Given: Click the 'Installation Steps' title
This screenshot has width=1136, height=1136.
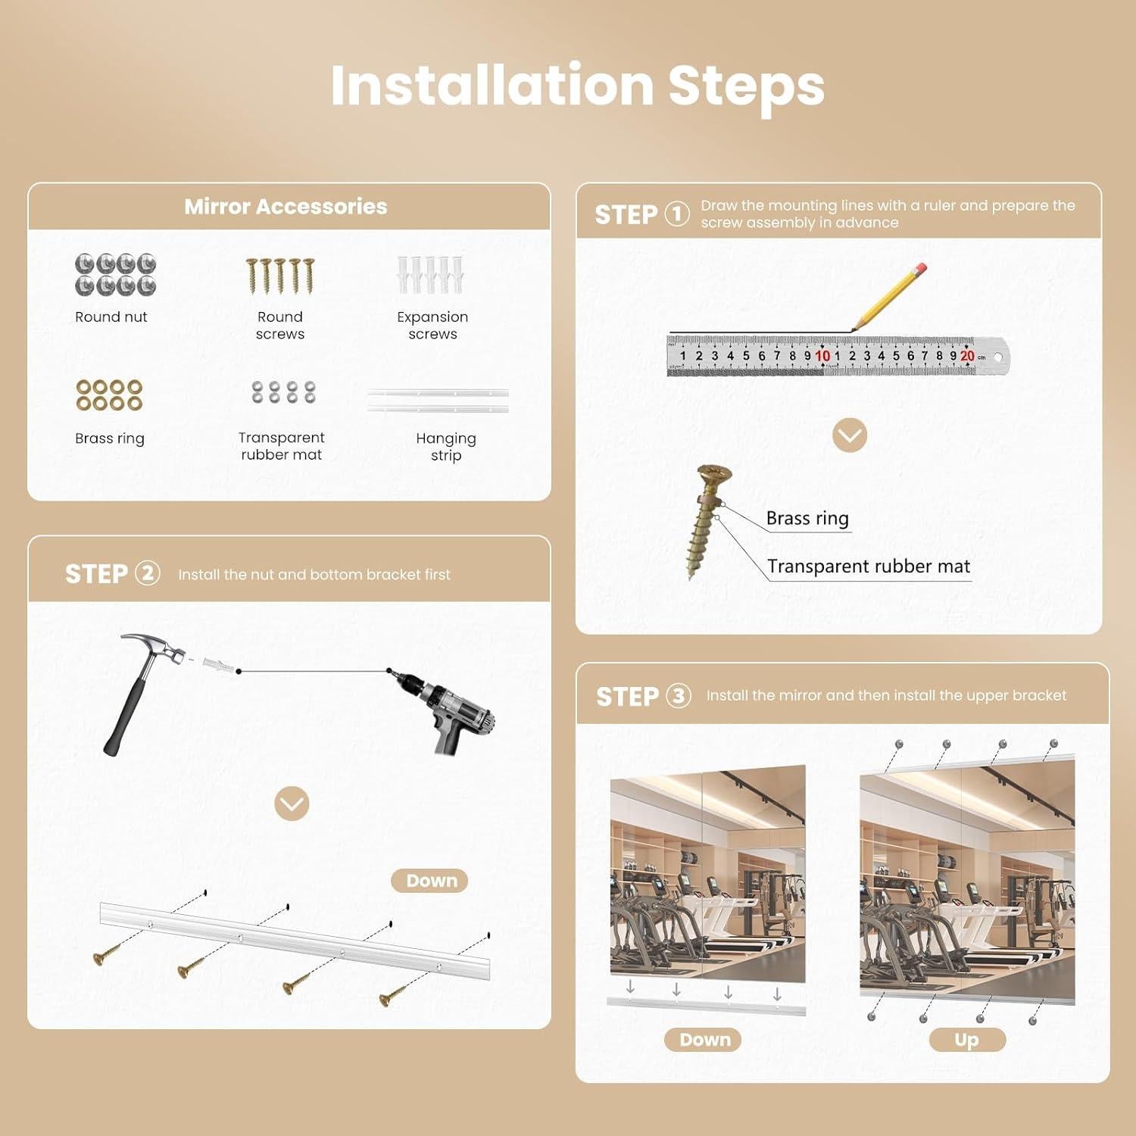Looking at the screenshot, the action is click(577, 86).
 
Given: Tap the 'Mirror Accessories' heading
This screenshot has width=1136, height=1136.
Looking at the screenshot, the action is click(286, 206).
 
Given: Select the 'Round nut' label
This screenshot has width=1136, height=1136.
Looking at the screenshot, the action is click(111, 317).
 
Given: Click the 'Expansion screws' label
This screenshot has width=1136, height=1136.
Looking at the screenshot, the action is click(432, 325).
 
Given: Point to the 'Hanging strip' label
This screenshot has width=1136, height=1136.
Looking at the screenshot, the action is click(446, 446).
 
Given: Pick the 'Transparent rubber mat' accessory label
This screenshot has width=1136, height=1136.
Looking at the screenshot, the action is click(281, 446).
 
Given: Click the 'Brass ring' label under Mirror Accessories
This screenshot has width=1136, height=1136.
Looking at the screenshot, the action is click(110, 438).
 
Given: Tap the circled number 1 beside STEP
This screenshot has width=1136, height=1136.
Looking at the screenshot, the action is click(677, 214).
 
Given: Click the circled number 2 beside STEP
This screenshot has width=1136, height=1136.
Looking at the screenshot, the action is click(148, 573).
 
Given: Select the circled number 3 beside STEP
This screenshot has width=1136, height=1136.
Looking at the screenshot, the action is click(679, 695).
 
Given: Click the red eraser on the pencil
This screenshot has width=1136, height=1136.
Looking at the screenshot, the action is click(920, 269).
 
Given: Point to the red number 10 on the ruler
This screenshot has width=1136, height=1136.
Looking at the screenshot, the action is click(822, 355).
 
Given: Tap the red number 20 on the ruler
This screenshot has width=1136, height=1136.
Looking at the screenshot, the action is click(967, 355).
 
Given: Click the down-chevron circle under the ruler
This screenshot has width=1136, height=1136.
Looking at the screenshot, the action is click(850, 435).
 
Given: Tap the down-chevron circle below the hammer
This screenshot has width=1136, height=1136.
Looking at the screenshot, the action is click(292, 804).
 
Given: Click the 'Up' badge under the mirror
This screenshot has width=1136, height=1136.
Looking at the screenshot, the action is click(967, 1040).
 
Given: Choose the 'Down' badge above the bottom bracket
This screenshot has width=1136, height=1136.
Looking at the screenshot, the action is click(430, 881).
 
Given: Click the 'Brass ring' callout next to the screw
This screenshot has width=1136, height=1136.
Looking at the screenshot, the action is click(807, 518).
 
